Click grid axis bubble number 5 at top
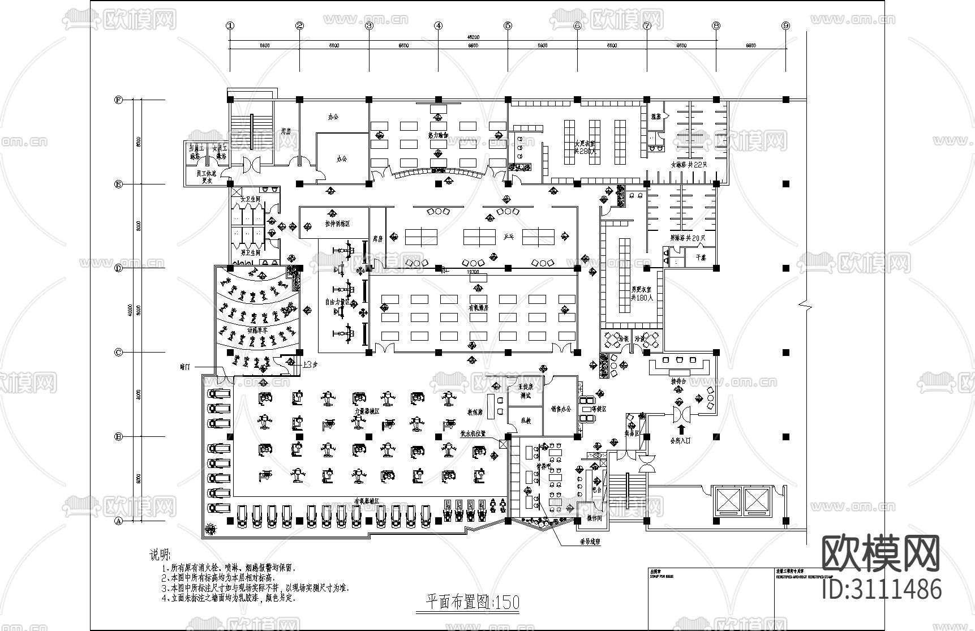(x=508, y=25)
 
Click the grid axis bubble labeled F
(x=118, y=100)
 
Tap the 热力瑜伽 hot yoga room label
(x=437, y=135)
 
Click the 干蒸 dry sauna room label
(x=700, y=257)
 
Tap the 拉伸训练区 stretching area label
(x=337, y=224)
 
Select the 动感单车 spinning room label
(x=257, y=329)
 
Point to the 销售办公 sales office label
(x=561, y=409)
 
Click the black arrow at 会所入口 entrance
(x=681, y=430)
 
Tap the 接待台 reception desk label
(x=678, y=381)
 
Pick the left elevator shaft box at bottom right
(x=726, y=500)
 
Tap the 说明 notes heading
(x=159, y=554)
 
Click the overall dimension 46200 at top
(x=473, y=37)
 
